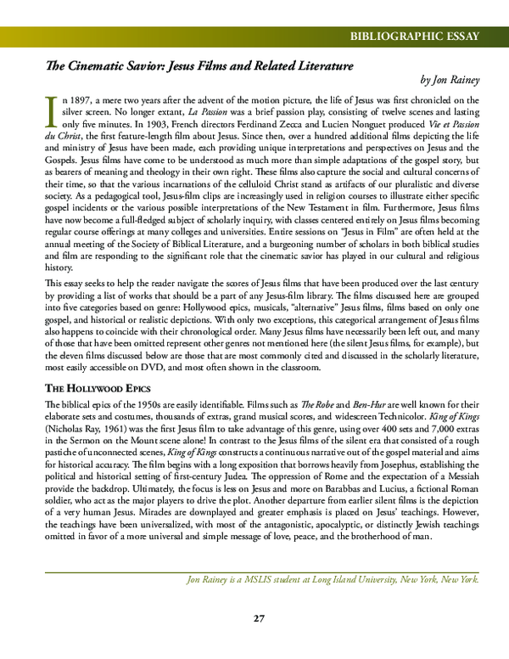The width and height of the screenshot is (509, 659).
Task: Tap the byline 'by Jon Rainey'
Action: click(x=450, y=81)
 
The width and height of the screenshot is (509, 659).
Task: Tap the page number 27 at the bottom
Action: click(x=260, y=617)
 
